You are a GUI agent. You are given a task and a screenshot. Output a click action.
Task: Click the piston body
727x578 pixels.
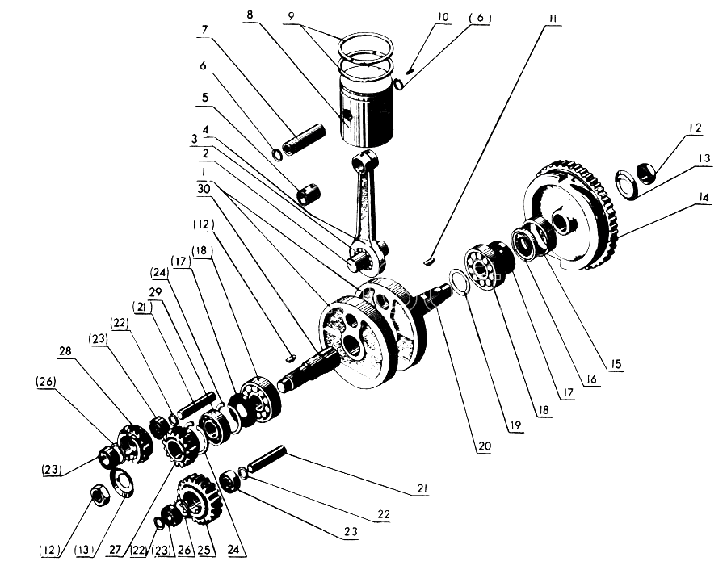367,111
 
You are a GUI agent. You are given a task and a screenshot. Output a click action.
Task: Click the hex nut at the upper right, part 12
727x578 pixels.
645,173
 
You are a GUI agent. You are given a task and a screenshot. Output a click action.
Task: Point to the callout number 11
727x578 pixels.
553,19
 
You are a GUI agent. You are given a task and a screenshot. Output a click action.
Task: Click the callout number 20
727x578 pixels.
484,446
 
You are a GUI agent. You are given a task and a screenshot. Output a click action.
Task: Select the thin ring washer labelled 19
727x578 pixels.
458,282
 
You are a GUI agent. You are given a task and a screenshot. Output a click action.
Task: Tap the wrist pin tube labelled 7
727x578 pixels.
304,140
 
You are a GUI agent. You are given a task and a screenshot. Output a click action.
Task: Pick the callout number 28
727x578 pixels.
65,351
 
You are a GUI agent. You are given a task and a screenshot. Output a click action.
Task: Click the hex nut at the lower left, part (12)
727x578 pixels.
99,496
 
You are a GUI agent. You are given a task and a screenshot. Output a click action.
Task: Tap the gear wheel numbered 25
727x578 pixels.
197,499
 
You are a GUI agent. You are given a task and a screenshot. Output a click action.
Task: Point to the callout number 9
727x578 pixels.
291,16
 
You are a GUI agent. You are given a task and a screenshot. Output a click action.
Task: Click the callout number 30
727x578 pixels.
204,189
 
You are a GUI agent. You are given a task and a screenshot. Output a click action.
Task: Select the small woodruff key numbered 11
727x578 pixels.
429,261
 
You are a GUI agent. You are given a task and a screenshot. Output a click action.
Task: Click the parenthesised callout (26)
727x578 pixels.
45,382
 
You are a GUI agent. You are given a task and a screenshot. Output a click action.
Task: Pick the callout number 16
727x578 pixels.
591,380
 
